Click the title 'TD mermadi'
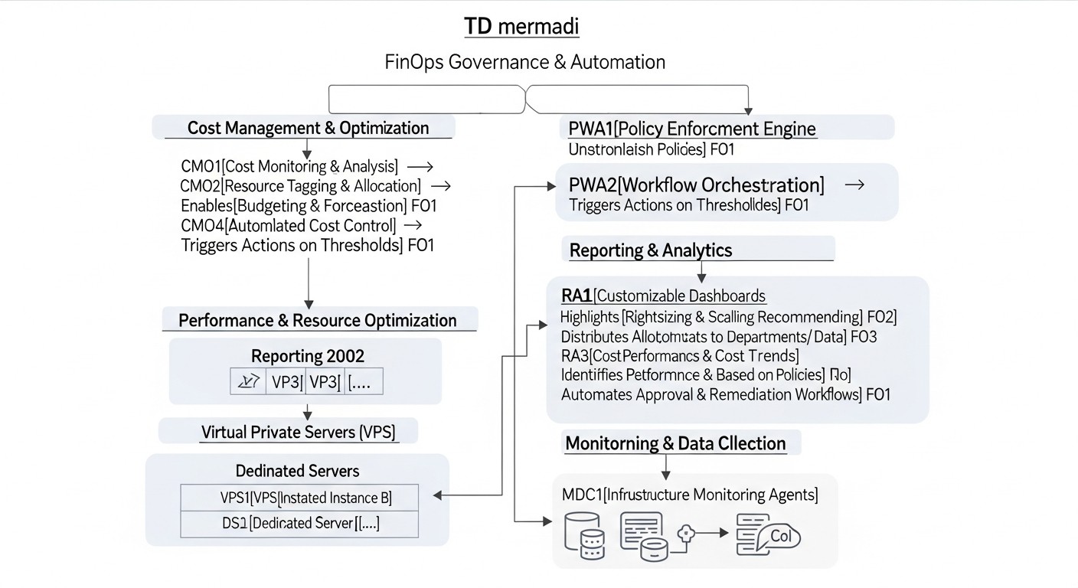pos(521,27)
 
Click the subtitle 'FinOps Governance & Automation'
pos(524,62)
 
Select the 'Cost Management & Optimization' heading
pos(308,128)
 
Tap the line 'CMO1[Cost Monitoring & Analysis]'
pos(289,166)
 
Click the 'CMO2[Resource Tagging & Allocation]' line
pos(300,186)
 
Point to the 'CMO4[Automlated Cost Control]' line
pos(288,225)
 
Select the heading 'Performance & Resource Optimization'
pos(318,320)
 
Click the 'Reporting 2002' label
pos(308,356)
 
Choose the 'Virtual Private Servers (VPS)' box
pos(299,432)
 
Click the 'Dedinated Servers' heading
pos(297,470)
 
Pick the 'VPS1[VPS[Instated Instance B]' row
pos(305,498)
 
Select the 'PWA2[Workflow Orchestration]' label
pos(697,185)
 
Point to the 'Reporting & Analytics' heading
pos(651,250)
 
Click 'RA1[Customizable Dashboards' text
pos(663,296)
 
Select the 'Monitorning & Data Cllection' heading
pos(675,443)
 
